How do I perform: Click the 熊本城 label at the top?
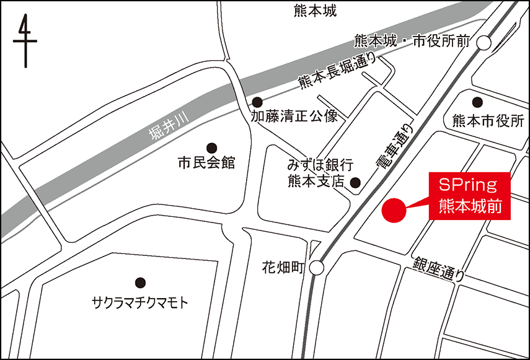(315, 11)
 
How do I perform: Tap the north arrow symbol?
(25, 41)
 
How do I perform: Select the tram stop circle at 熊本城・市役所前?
(484, 42)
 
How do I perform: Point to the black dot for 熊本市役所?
(477, 102)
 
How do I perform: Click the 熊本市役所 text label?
(488, 120)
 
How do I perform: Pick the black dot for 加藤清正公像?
(257, 102)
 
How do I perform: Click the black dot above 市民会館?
(212, 147)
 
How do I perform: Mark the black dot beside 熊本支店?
(355, 182)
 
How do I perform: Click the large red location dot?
(393, 210)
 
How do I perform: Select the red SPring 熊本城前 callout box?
(470, 195)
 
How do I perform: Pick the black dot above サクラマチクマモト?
(139, 282)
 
